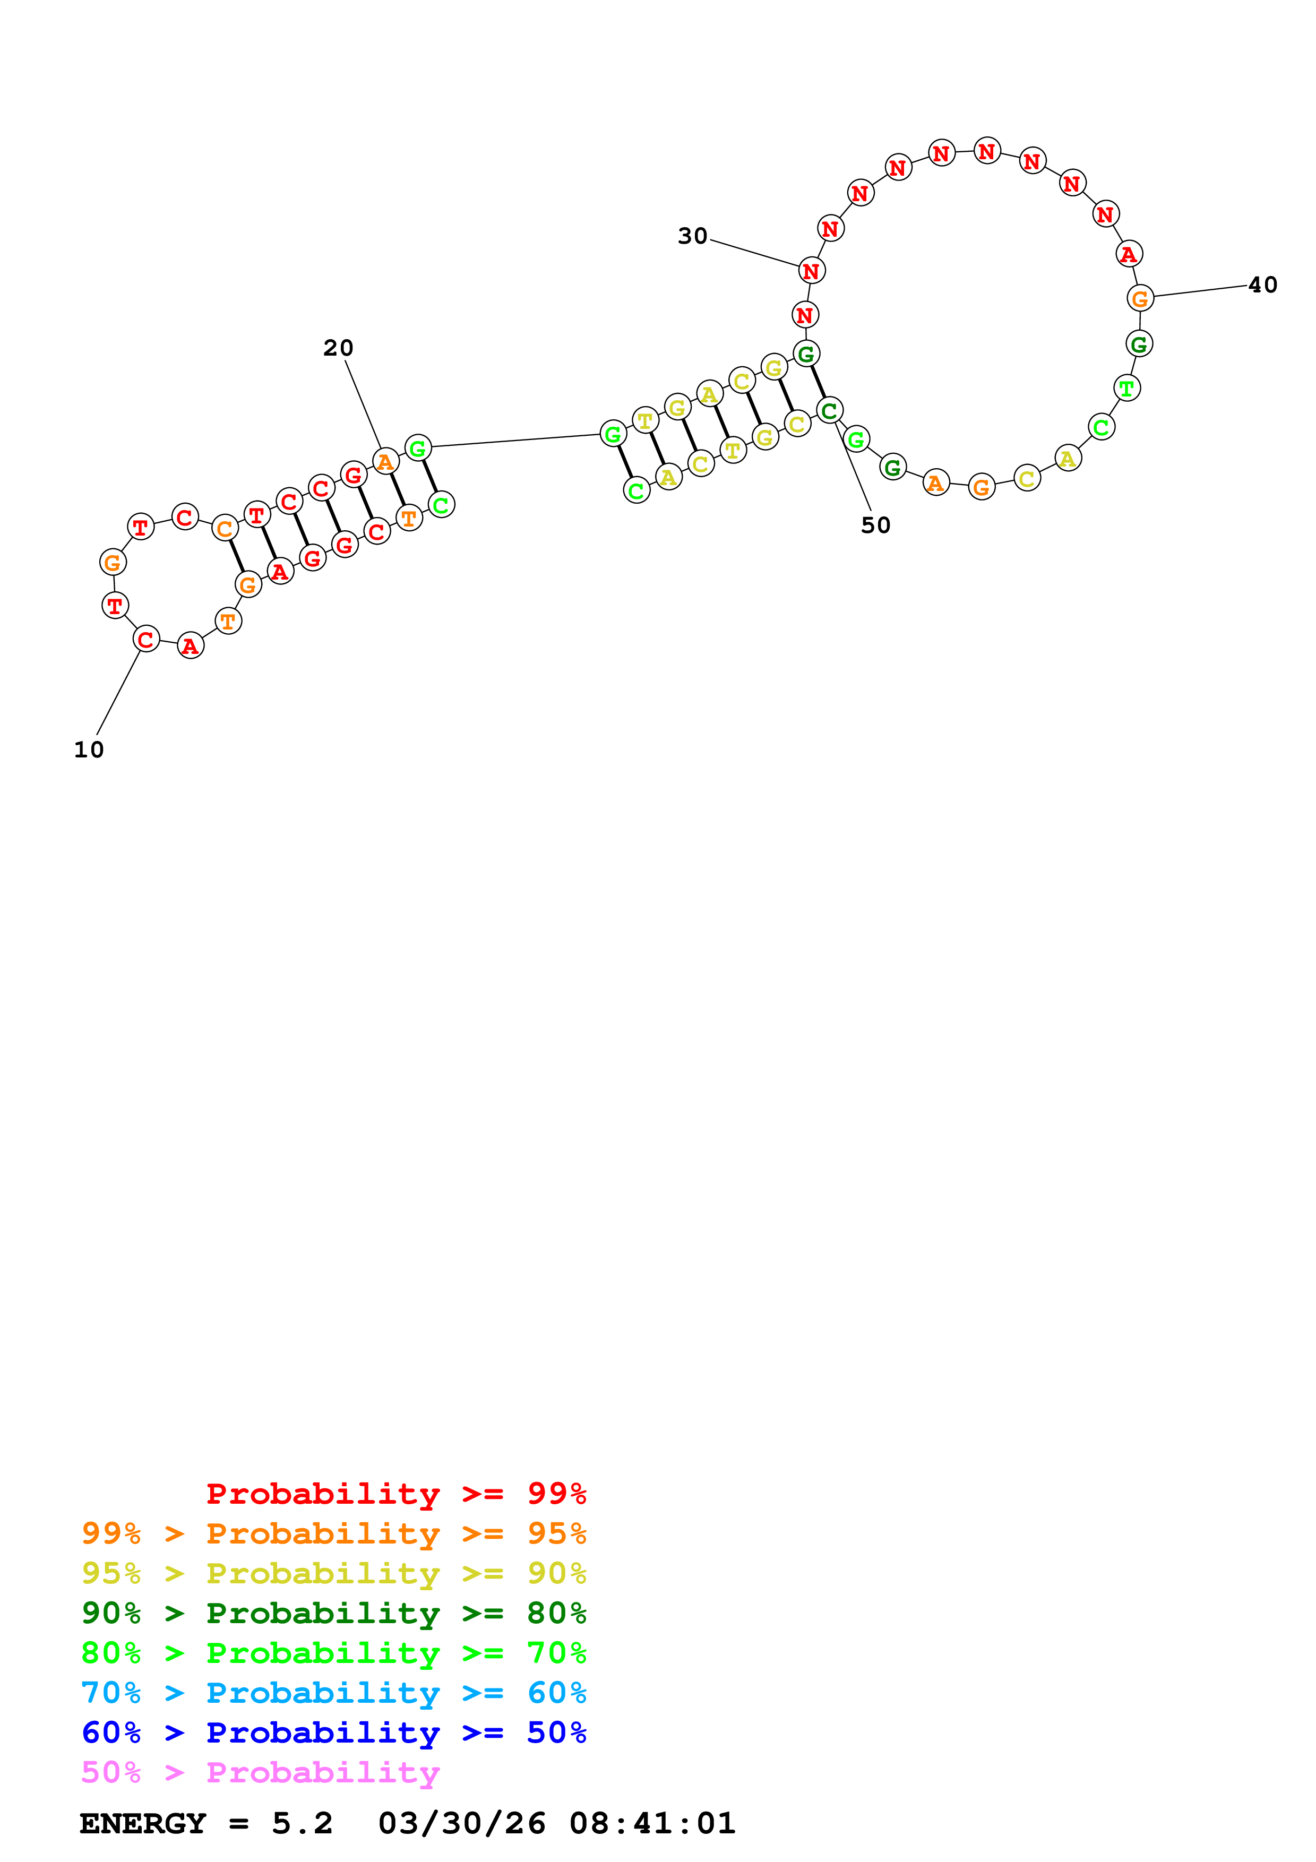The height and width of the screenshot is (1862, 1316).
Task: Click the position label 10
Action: click(89, 750)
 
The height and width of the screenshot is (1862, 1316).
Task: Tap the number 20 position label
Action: click(338, 348)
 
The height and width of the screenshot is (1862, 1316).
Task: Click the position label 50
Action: click(876, 525)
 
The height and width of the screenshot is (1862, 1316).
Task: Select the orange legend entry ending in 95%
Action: click(334, 1533)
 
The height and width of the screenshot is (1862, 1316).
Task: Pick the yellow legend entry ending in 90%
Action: click(334, 1573)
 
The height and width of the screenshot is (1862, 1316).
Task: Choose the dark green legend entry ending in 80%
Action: click(334, 1613)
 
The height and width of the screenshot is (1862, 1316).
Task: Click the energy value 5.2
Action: click(302, 1824)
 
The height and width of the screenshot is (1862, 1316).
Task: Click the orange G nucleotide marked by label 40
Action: click(1140, 298)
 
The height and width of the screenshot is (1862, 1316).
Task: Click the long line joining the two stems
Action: click(515, 441)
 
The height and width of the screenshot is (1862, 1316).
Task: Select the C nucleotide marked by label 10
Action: click(146, 639)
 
